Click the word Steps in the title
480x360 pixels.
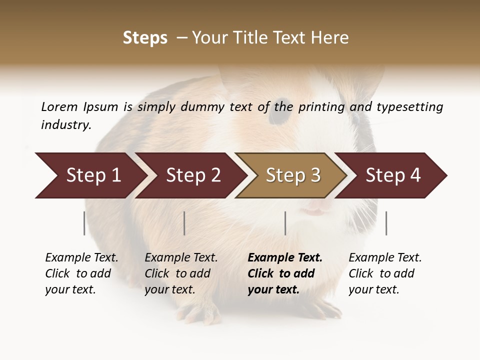coord(145,38)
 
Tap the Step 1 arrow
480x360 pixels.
coord(90,175)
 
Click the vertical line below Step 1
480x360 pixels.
coord(84,223)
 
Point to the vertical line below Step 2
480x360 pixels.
coord(184,223)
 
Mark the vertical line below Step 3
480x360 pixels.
coord(285,223)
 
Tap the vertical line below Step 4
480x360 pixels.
coord(386,223)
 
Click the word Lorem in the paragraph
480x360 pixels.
coord(59,106)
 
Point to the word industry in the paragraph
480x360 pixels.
coord(66,125)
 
